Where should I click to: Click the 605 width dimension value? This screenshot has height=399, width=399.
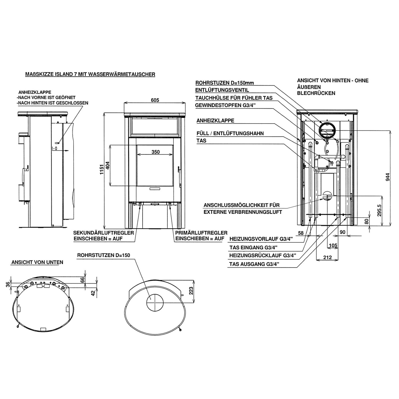[155, 100]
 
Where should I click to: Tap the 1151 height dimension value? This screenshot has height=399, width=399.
[101, 169]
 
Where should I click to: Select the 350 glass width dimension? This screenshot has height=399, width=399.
[155, 152]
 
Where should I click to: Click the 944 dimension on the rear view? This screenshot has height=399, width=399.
[388, 177]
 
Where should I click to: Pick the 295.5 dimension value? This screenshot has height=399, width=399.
[380, 210]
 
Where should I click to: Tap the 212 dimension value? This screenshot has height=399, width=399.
[328, 257]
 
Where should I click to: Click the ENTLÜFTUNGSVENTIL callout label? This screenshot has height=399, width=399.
[222, 90]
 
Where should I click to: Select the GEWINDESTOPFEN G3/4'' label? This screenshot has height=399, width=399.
[225, 105]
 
